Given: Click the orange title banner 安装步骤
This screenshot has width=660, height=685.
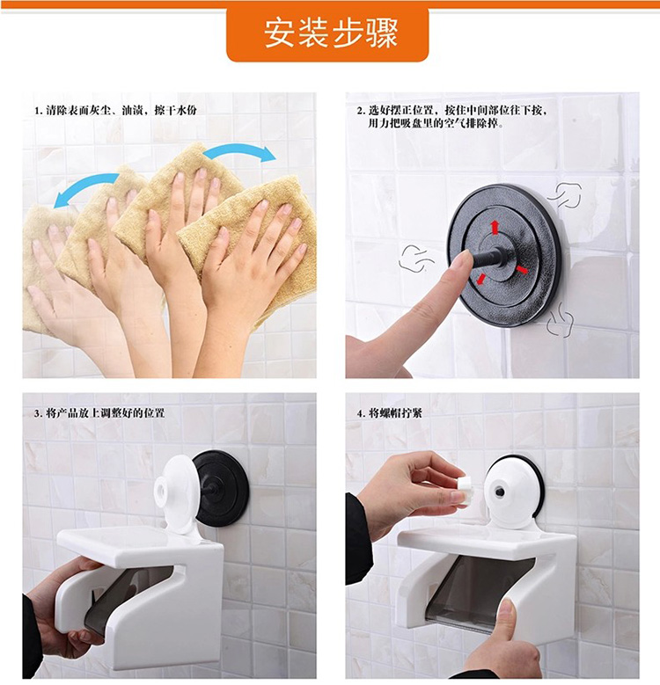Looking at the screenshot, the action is coord(327,34).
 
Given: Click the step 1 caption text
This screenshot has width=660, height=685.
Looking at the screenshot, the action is coord(116,110).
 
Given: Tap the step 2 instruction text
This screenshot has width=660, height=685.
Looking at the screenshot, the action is coord(451,117).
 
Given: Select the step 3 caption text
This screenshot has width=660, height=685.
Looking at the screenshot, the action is coord(99,412).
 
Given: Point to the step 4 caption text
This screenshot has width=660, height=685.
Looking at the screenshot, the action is coord(390,412).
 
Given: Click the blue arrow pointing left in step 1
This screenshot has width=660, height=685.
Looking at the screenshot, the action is coord(85,188).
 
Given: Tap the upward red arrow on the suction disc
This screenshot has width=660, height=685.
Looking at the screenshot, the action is coord(495,227).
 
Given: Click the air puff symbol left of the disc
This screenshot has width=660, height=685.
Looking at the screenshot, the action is coord(416,258).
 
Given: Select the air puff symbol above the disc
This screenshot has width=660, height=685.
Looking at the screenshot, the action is coord(567,195).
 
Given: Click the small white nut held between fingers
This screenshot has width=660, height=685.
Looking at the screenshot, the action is coord(463,490).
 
